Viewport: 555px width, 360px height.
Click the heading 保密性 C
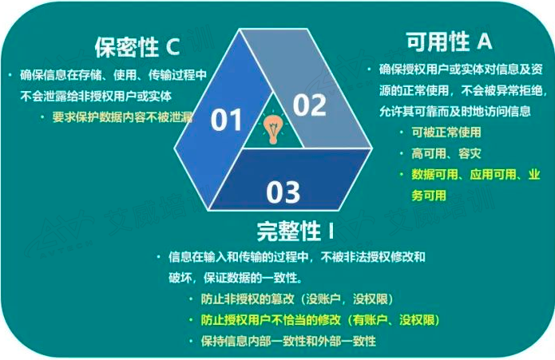click(x=137, y=47)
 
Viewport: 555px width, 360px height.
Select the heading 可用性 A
click(x=449, y=42)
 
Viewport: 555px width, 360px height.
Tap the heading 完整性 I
click(x=295, y=231)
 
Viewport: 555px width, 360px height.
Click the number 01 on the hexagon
click(x=226, y=120)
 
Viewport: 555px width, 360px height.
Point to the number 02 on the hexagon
click(x=310, y=105)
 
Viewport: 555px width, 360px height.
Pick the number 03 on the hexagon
click(x=283, y=192)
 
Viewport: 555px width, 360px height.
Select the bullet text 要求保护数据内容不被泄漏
click(x=122, y=117)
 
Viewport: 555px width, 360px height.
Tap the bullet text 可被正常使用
click(x=446, y=133)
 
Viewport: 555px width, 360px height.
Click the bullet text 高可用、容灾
click(x=446, y=153)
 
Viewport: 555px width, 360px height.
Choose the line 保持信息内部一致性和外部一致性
click(x=288, y=342)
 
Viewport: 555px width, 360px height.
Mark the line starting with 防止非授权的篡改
click(x=297, y=299)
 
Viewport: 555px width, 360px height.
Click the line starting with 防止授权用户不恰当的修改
click(x=320, y=320)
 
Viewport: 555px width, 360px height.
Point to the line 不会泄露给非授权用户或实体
click(x=96, y=97)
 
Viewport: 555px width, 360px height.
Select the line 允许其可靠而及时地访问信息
click(x=455, y=112)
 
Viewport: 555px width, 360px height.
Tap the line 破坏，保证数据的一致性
click(x=236, y=278)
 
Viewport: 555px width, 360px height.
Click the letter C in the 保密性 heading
click(x=173, y=46)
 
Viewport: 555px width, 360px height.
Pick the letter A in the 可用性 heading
click(x=485, y=41)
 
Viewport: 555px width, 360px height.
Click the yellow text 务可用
click(x=429, y=196)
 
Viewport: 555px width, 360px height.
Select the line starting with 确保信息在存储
click(x=113, y=75)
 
